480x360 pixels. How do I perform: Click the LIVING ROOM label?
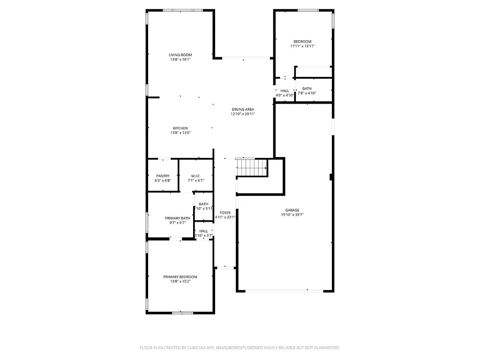180,55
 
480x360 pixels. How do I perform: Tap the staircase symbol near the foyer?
251,167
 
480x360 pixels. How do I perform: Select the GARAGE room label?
292,210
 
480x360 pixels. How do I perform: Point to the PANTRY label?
163,176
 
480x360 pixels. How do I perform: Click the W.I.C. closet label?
196,176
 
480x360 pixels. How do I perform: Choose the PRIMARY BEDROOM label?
180,277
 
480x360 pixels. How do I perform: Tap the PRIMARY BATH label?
178,218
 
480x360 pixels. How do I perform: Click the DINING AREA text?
243,109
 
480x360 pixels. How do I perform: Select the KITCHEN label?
180,128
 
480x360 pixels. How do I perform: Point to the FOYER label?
225,212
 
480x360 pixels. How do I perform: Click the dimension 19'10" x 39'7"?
292,215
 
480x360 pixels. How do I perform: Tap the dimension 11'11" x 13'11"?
302,46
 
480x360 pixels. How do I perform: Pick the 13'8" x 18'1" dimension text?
180,60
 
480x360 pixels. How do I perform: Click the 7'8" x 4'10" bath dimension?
307,93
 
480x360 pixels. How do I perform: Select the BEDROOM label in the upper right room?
302,42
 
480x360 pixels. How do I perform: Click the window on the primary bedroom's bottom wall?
182,313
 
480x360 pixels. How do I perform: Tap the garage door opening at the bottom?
285,291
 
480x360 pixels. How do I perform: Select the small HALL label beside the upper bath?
285,90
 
